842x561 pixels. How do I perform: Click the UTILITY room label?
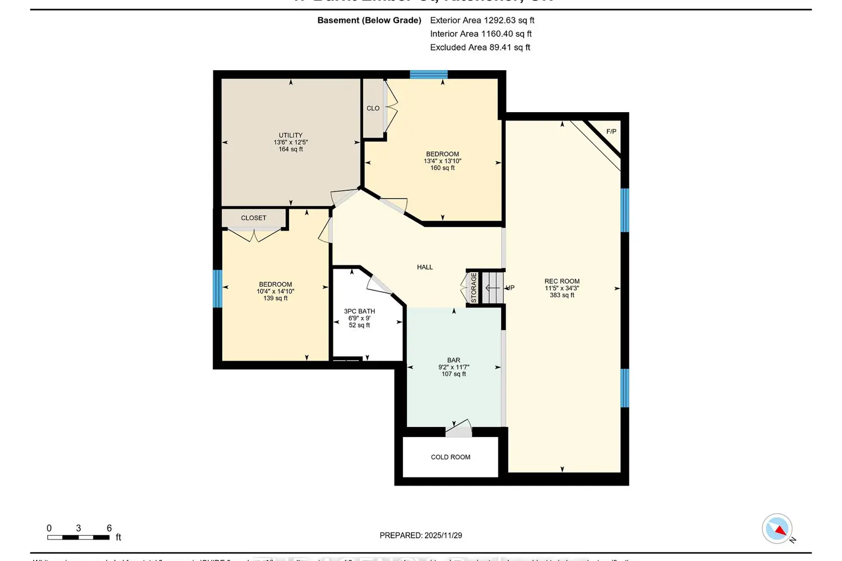pyautogui.click(x=290, y=135)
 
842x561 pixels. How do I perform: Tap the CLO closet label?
pyautogui.click(x=373, y=108)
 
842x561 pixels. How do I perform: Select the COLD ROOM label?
pyautogui.click(x=450, y=457)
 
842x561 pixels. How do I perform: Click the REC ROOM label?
pyautogui.click(x=562, y=282)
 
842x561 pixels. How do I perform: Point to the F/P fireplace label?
pyautogui.click(x=611, y=132)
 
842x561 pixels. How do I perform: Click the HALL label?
pyautogui.click(x=425, y=267)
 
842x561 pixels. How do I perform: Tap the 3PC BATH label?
pyautogui.click(x=359, y=311)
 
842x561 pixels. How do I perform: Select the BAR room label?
pyautogui.click(x=454, y=360)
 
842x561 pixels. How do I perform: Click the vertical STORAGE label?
pyautogui.click(x=474, y=288)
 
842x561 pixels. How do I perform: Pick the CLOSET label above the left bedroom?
pyautogui.click(x=254, y=218)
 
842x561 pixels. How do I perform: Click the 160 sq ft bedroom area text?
pyautogui.click(x=442, y=168)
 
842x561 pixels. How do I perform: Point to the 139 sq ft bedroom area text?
pyautogui.click(x=275, y=298)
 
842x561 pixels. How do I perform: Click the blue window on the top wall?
pyautogui.click(x=428, y=74)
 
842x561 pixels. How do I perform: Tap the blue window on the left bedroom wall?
pyautogui.click(x=217, y=288)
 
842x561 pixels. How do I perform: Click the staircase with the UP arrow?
pyautogui.click(x=494, y=288)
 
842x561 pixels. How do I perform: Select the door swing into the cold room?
pyautogui.click(x=459, y=429)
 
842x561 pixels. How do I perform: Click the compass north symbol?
pyautogui.click(x=777, y=528)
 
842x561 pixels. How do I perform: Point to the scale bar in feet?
pyautogui.click(x=79, y=537)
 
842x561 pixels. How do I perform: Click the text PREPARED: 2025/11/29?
pyautogui.click(x=420, y=535)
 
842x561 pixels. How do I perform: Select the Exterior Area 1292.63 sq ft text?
pyautogui.click(x=482, y=20)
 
